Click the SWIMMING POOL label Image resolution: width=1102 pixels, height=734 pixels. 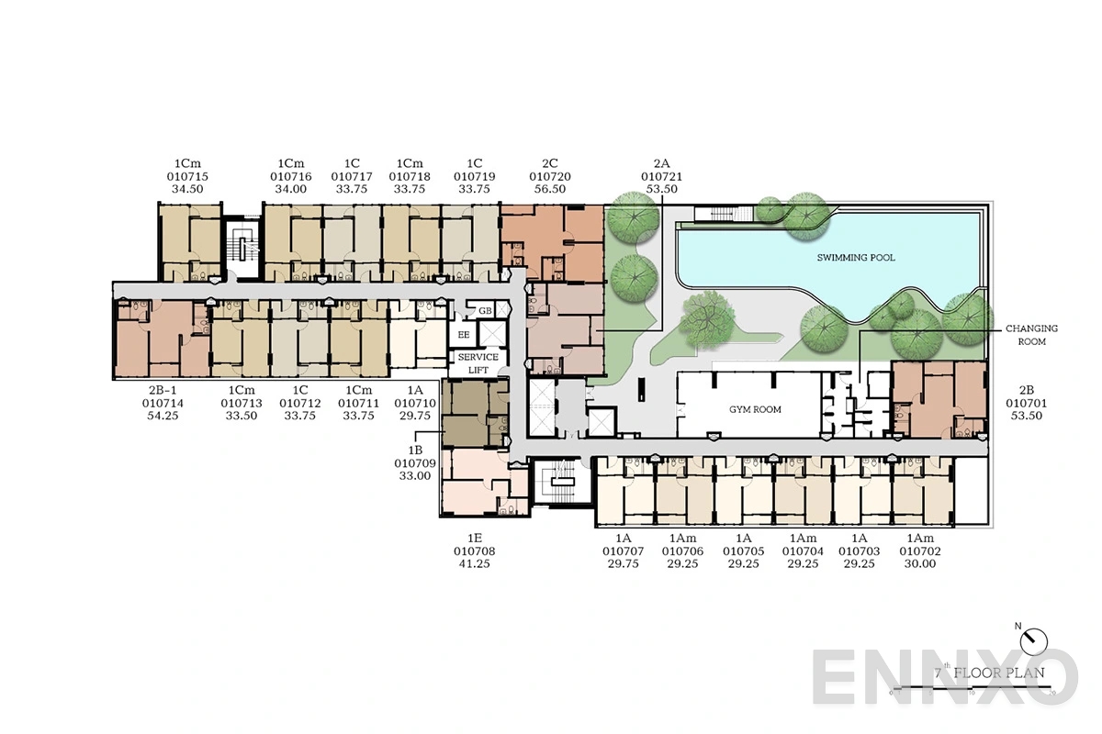point(856,258)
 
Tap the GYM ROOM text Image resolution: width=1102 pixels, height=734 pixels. point(755,409)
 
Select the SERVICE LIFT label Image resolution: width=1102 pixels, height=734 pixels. point(478,363)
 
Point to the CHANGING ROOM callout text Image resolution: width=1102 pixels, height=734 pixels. point(1031,335)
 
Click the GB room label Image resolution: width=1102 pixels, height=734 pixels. point(485,312)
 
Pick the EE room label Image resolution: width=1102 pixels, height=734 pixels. point(464,335)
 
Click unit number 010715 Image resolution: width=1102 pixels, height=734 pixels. point(187,176)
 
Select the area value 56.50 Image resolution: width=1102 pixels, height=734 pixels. point(550,189)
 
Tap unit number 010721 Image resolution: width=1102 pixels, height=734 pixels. point(662,176)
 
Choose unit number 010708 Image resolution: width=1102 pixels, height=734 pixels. point(474,551)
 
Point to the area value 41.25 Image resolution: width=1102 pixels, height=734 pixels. point(474,564)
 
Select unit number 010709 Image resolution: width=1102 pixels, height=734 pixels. point(415,463)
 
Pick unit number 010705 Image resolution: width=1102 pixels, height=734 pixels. point(743,551)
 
